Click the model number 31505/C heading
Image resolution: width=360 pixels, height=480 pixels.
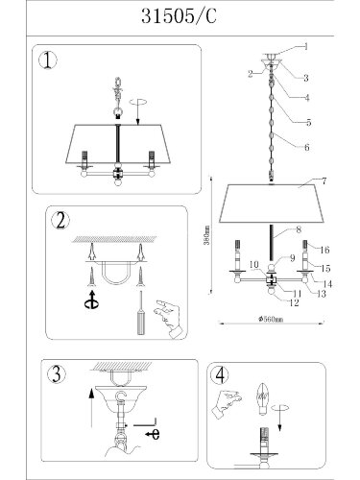[x=179, y=16]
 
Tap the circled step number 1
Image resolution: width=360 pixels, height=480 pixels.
[x=48, y=60]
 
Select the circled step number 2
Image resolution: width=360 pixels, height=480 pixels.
[x=60, y=221]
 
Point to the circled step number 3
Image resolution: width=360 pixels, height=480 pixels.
[x=57, y=373]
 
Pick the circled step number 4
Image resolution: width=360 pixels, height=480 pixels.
[x=220, y=375]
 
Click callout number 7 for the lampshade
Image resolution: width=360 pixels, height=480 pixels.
[x=324, y=181]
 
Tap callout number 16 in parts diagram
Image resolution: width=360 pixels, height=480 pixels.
[x=324, y=250]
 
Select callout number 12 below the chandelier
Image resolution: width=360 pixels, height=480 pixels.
[x=294, y=302]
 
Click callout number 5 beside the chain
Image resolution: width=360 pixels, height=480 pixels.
[x=308, y=122]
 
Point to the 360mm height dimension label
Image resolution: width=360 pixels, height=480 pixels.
[x=207, y=234]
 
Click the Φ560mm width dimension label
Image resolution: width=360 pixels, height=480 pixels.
[x=271, y=319]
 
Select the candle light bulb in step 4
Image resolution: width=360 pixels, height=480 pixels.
[x=263, y=398]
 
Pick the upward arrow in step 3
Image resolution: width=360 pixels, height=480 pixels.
[x=92, y=407]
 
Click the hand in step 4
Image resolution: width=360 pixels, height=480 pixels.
[x=227, y=404]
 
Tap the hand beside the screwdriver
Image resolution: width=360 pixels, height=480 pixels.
[x=169, y=319]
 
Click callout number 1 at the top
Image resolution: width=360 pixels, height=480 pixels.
[x=306, y=47]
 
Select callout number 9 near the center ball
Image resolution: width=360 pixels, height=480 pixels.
[x=292, y=258]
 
